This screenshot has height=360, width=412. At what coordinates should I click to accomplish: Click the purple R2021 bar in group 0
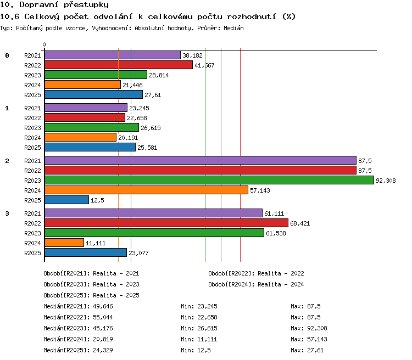coord(113,55)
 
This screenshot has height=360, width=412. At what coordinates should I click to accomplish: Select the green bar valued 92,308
coord(209,180)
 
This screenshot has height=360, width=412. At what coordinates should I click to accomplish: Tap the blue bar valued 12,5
coord(66,200)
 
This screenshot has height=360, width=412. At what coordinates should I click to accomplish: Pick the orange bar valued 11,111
coord(64,243)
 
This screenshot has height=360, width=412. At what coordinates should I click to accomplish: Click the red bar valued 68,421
coord(166,223)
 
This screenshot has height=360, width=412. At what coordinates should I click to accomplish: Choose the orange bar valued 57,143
coord(146,190)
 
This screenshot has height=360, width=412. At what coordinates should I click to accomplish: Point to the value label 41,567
coord(204,65)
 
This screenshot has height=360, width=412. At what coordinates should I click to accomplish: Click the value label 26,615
coord(151,128)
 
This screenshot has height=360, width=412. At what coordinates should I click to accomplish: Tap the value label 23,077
coord(138,253)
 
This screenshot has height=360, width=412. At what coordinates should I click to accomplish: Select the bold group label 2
coord(7,161)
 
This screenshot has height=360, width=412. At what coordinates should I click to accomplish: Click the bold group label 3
coord(7,213)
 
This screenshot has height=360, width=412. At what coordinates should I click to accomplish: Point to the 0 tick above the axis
coord(44,44)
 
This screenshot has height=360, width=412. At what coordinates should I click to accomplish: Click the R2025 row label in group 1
coord(32,148)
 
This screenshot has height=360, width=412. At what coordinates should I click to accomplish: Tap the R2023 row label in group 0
coord(32,75)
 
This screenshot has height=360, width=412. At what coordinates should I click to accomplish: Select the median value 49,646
coord(103,306)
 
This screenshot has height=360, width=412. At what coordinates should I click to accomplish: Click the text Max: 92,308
coord(309,328)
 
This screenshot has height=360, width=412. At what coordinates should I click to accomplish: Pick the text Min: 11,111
coord(199,339)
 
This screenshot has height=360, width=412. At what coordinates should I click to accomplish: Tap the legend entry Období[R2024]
coord(230,284)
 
